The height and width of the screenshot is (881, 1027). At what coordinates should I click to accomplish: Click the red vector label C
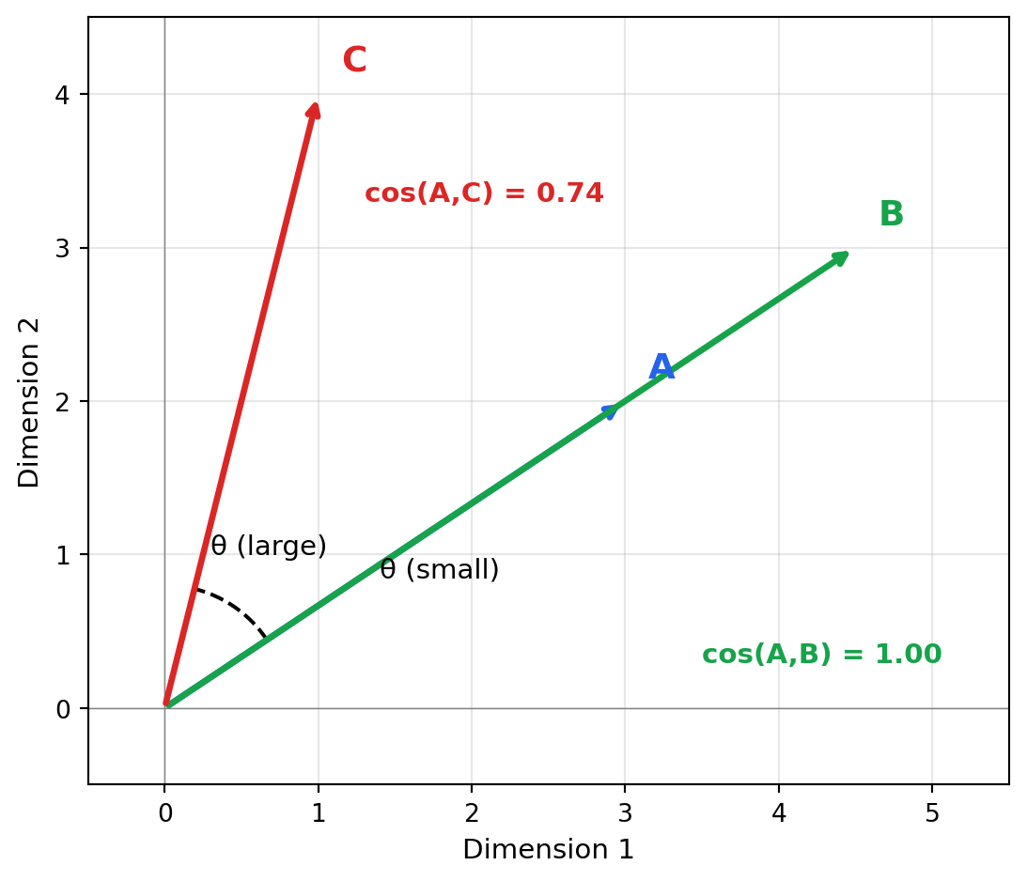pos(354,61)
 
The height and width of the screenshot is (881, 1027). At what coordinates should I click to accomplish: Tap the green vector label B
pos(891,215)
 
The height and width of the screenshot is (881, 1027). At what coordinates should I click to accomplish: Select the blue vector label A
pos(661,368)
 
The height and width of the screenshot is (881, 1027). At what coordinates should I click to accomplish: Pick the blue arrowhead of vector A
pos(612,410)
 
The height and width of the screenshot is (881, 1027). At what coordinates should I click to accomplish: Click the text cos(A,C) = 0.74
pos(484,193)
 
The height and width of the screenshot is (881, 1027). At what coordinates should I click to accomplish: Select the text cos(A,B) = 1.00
pos(821,655)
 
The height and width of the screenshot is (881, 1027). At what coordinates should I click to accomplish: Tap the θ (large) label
pos(269,547)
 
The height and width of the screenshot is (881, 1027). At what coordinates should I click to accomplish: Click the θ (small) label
pos(440,570)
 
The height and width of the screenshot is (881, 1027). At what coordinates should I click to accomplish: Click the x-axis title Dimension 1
pos(548,850)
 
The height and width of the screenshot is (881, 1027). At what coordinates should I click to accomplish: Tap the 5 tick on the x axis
pos(932,813)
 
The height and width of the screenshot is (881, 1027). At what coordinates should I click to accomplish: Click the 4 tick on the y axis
pos(63,95)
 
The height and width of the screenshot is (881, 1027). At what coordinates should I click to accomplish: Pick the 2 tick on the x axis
pos(472,813)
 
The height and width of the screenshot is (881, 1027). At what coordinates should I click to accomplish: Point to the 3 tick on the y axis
pos(63,248)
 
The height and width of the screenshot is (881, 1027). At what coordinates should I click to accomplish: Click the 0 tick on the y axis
pos(63,709)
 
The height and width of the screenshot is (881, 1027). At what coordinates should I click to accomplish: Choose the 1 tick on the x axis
pos(319,813)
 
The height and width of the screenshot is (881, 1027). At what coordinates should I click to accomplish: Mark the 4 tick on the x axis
pos(778,813)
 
